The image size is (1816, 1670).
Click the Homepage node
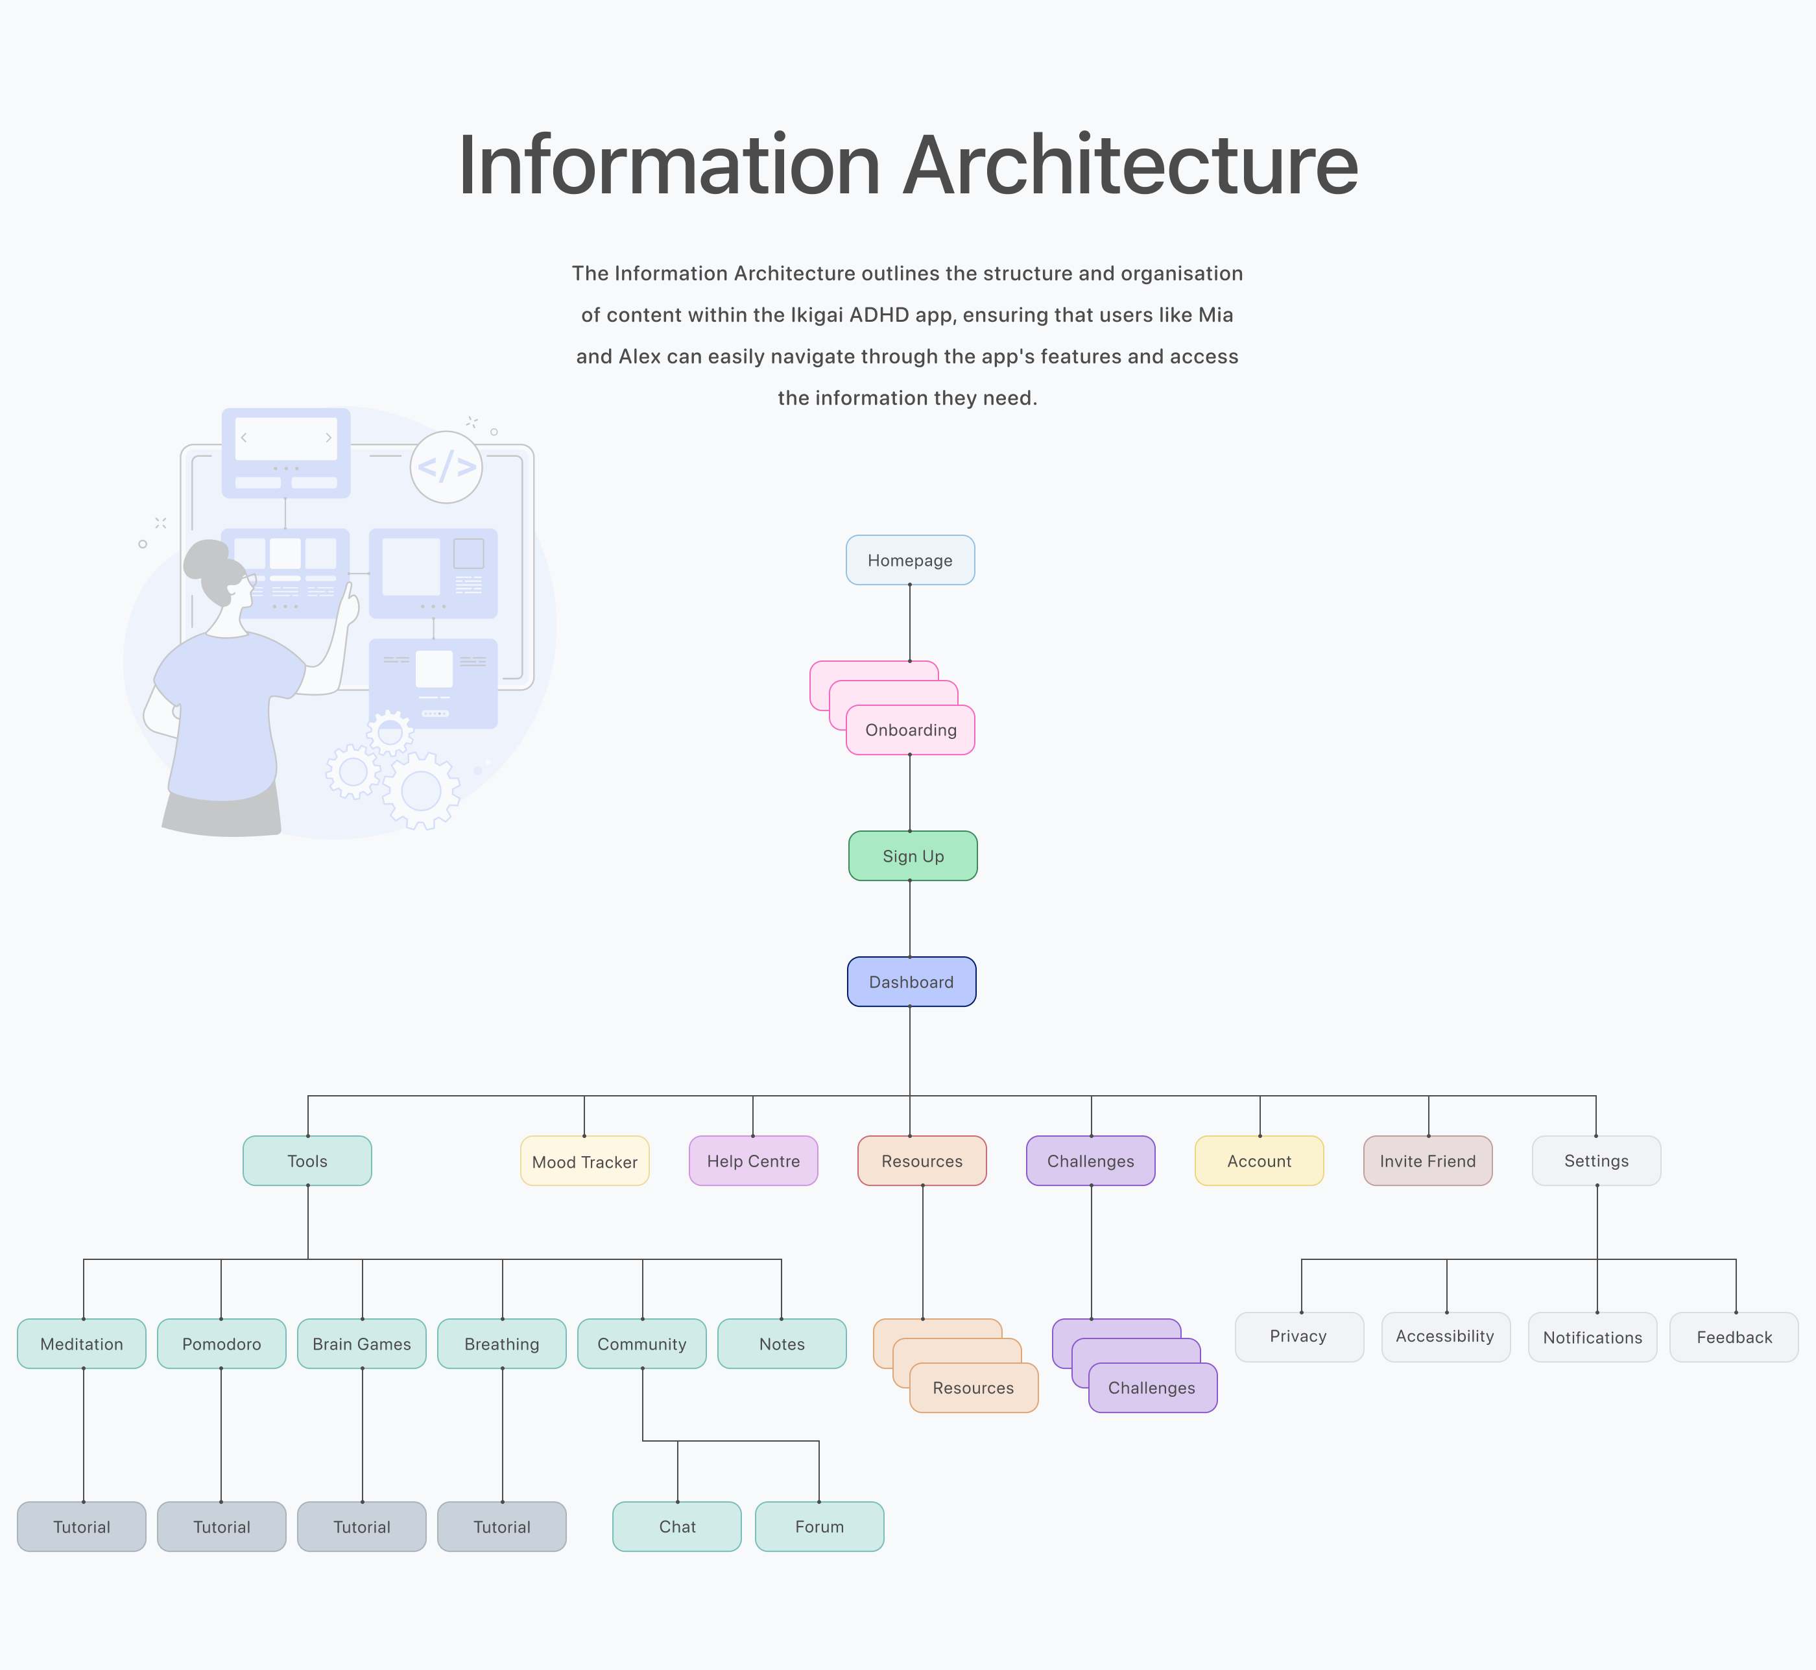click(910, 561)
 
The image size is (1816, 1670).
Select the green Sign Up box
click(913, 856)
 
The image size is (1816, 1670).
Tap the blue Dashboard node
click(911, 982)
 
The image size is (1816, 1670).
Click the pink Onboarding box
click(910, 730)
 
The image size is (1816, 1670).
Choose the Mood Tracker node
click(584, 1161)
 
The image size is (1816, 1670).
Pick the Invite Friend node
click(1428, 1161)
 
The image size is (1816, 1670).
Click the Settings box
click(1595, 1161)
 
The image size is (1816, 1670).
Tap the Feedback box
click(1734, 1337)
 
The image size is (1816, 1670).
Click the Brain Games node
click(361, 1344)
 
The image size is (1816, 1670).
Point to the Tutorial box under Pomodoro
click(221, 1527)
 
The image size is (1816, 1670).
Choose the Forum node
click(819, 1527)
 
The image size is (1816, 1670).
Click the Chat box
click(676, 1527)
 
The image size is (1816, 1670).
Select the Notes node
click(782, 1344)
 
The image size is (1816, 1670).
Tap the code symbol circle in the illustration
click(446, 467)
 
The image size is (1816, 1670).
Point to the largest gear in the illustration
click(421, 791)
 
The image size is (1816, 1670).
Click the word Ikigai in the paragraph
click(818, 315)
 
